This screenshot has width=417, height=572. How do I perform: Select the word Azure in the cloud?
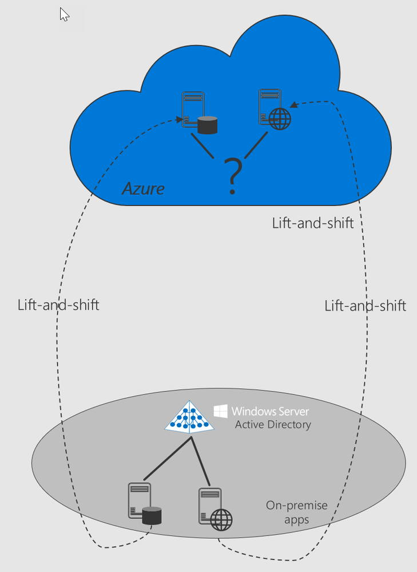point(143,188)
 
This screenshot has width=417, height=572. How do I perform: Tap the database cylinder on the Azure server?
point(207,125)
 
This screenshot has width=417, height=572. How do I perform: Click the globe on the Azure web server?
point(279,120)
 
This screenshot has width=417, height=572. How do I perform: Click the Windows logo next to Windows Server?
point(221,411)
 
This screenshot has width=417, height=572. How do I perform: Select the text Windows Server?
point(270,411)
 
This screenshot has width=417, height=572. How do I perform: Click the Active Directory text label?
point(273,425)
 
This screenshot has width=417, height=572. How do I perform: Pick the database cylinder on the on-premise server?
point(152,516)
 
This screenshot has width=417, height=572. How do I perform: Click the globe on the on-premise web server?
point(222,520)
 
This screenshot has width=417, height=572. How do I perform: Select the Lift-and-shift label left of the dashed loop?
point(58,305)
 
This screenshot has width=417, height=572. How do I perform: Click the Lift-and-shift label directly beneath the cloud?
point(313,223)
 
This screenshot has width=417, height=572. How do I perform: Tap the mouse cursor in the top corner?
point(64,14)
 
